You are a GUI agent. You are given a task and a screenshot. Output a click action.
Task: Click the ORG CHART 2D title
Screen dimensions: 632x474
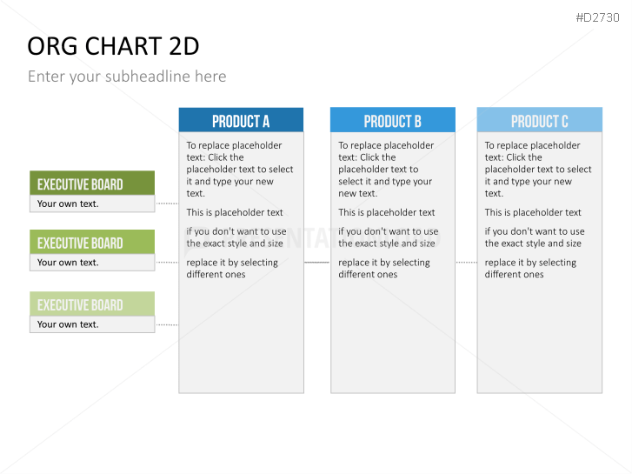point(113,46)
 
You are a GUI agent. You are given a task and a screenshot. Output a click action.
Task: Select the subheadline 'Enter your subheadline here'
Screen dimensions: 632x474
point(127,77)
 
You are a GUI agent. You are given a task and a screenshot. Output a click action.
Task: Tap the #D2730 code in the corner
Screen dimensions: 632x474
point(597,17)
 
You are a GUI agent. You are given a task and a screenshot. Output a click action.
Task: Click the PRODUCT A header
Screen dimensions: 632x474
point(241,120)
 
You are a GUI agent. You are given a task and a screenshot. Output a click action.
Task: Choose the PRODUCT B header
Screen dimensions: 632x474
point(393,120)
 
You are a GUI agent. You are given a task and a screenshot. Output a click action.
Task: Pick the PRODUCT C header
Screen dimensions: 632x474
point(539,120)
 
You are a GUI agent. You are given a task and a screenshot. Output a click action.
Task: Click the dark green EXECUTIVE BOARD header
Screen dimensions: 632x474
point(92,184)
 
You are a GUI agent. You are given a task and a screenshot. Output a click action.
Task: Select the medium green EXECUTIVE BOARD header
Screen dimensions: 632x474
point(92,242)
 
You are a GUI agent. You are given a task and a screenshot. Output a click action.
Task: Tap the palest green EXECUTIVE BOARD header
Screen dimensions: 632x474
point(92,304)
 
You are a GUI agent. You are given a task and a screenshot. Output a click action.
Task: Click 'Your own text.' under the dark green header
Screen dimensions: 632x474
point(68,204)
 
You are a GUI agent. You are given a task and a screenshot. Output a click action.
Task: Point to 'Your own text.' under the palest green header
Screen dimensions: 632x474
point(68,324)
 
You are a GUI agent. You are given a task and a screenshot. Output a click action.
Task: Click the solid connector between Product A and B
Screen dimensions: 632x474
point(317,262)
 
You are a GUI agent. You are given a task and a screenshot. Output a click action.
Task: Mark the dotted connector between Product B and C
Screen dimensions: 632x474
point(466,262)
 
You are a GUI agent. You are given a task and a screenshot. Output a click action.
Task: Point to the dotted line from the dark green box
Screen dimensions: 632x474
point(167,204)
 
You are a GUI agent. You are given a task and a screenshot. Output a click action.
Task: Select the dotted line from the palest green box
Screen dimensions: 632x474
point(167,324)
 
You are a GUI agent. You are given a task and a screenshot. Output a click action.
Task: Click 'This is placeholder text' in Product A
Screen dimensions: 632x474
point(235,212)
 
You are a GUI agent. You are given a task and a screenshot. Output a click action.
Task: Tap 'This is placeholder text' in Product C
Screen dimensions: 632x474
point(533,212)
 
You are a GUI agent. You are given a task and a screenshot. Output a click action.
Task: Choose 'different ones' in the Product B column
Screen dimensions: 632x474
point(368,275)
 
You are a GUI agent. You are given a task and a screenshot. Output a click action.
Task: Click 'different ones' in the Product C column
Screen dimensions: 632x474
point(514,275)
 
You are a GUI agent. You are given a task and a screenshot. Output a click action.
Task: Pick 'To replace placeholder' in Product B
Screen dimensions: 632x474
point(386,145)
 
